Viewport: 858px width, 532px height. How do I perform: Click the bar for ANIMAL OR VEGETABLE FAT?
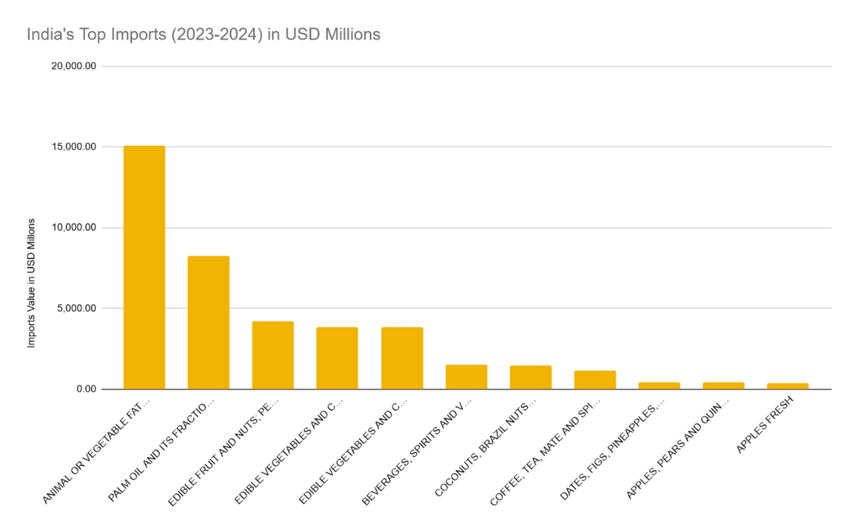(x=144, y=267)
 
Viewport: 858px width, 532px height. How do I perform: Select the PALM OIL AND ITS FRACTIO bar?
(x=208, y=322)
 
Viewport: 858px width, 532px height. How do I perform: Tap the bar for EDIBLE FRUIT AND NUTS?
(x=272, y=355)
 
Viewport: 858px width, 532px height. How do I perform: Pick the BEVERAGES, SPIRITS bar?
(x=466, y=377)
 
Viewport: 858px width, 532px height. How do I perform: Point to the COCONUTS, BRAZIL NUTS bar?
(x=530, y=378)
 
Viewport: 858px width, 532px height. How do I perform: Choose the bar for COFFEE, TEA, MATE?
(x=594, y=380)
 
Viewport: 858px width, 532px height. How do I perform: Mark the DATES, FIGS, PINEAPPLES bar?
(x=659, y=385)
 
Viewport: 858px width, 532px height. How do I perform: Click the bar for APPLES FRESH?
(x=787, y=386)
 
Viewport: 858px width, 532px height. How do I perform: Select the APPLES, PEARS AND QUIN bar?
(x=723, y=385)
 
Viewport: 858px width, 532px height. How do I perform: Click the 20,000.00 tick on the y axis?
(x=73, y=66)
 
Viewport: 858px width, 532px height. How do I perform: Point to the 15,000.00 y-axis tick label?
(x=73, y=147)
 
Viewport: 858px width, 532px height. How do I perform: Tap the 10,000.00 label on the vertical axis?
(x=73, y=228)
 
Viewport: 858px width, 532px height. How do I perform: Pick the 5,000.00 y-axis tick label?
(x=76, y=308)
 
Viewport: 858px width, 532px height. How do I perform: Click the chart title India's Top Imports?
(x=203, y=34)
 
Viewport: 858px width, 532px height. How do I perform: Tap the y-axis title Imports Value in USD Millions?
(x=31, y=283)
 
